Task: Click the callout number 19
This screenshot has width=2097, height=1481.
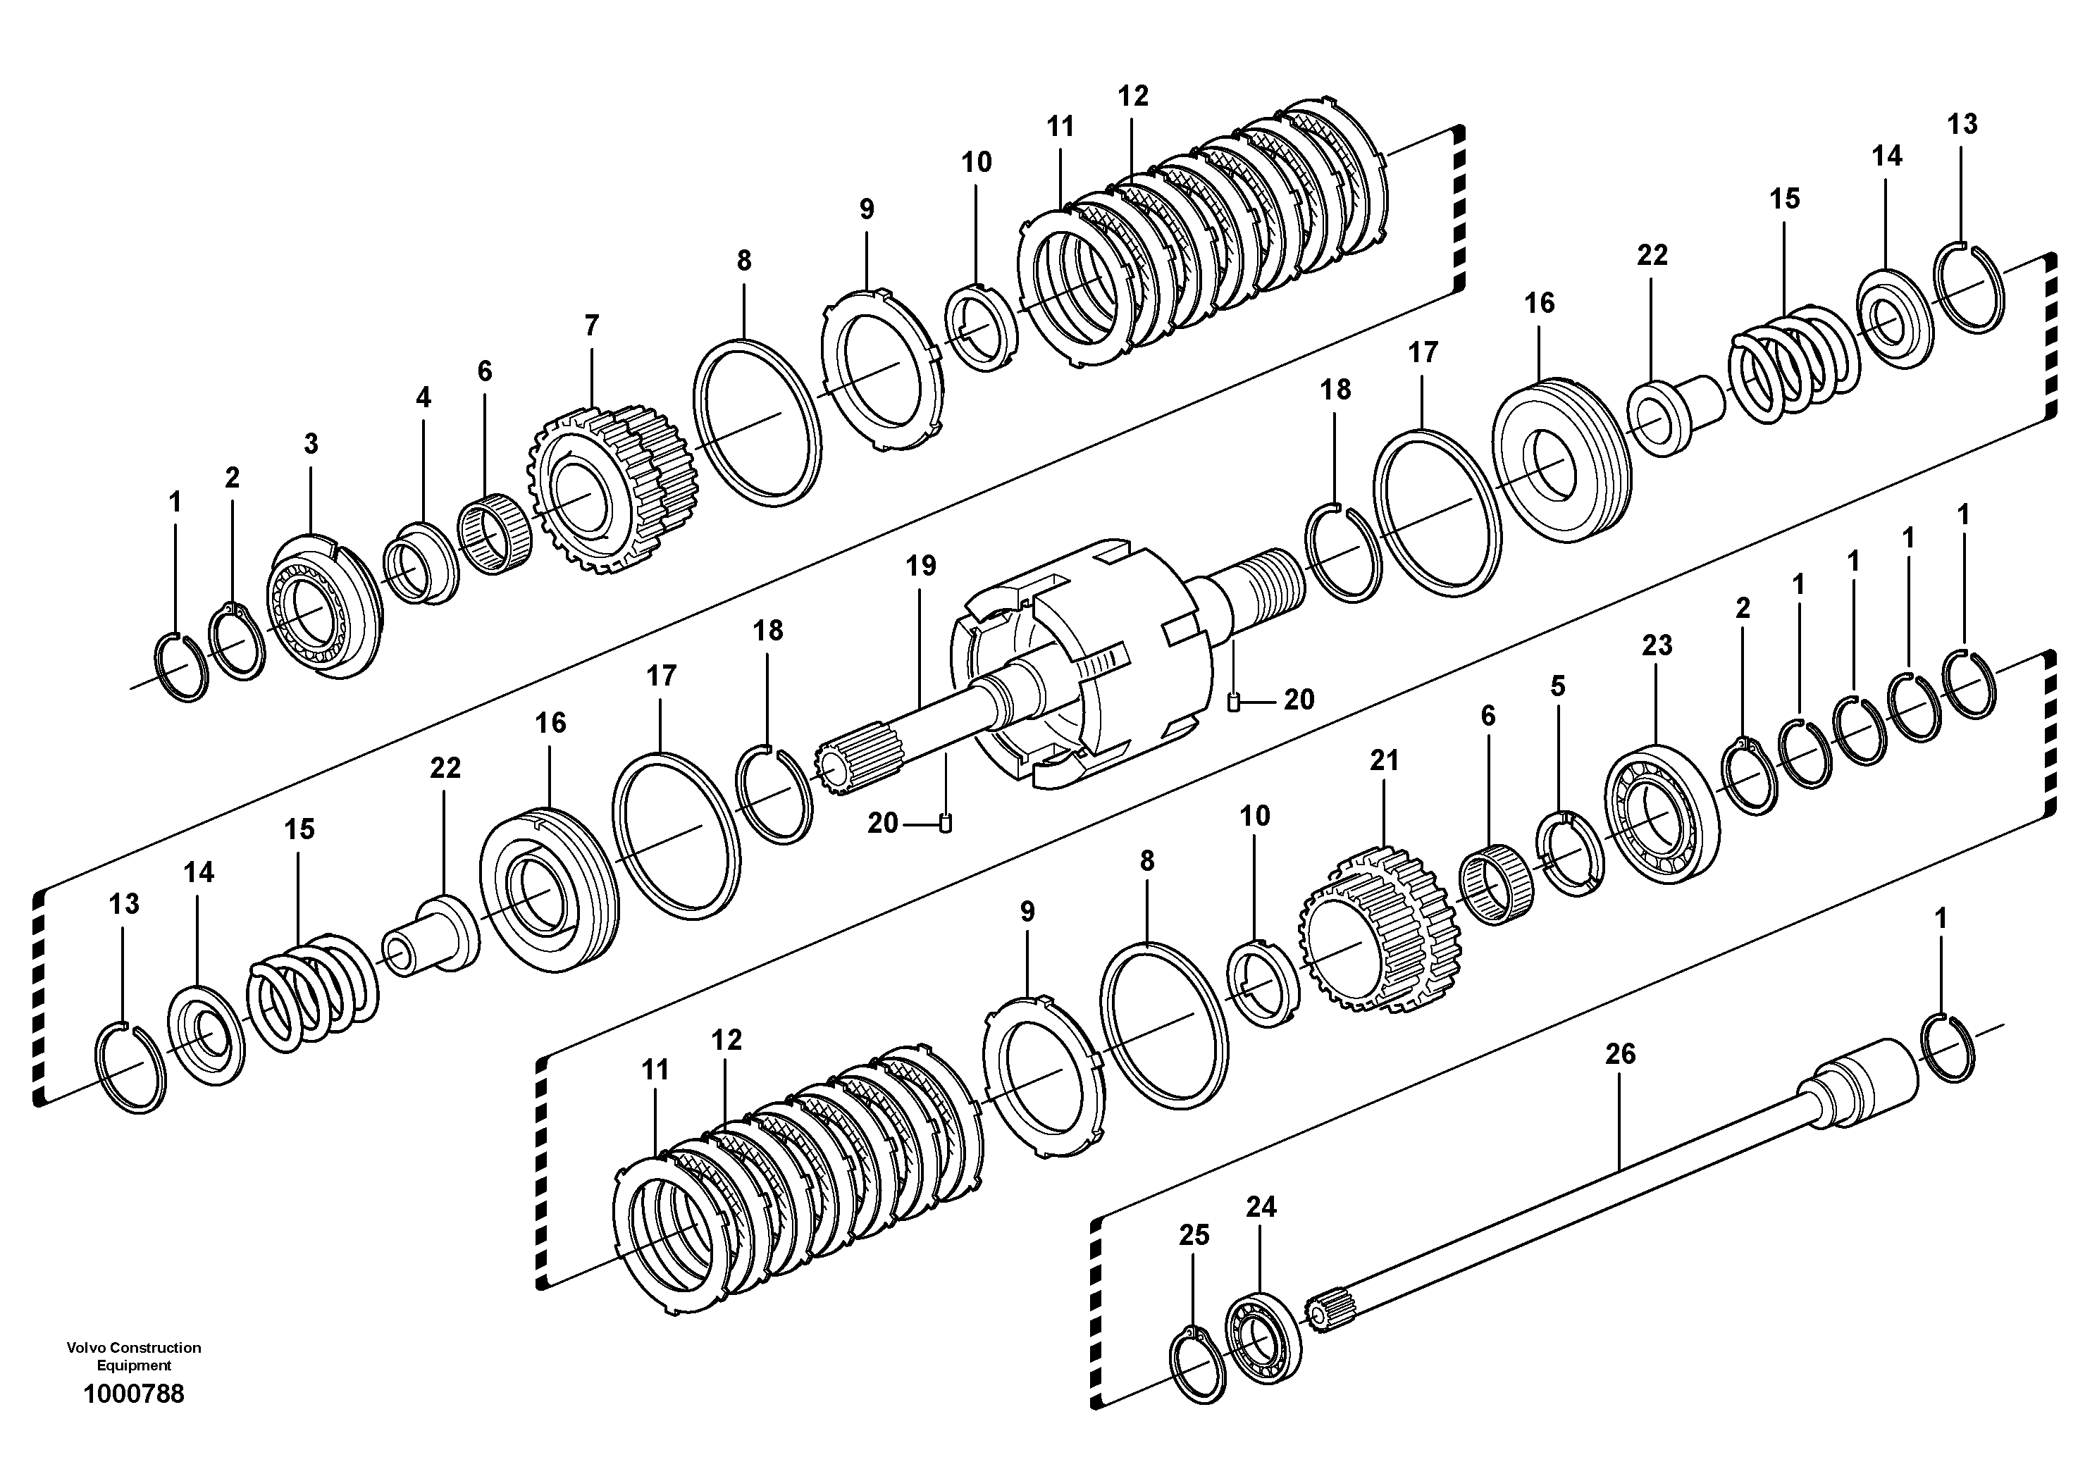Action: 921,565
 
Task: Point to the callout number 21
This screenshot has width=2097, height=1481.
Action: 1384,760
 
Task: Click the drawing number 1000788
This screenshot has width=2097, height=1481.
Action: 133,1394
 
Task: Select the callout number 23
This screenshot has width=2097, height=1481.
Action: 1657,645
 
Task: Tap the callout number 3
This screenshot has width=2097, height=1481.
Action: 311,444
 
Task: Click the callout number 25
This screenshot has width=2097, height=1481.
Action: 1194,1234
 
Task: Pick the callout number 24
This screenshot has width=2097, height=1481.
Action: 1261,1207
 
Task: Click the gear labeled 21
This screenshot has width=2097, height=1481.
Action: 1379,931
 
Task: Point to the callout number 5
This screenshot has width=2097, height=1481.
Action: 1557,686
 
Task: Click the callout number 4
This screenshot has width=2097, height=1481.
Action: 423,397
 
